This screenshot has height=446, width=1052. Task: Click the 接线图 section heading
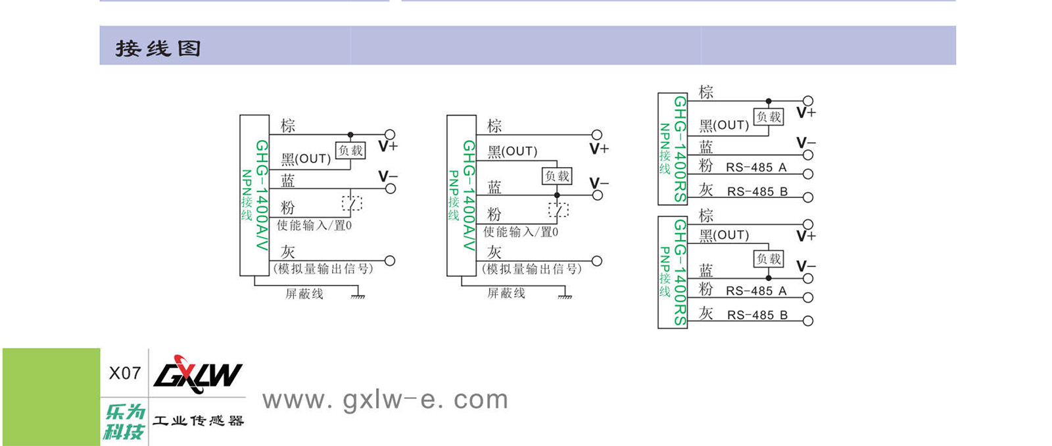(158, 48)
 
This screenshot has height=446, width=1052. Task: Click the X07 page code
(124, 373)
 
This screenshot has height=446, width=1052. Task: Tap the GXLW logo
(197, 374)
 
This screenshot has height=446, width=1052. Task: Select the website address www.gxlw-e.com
(385, 399)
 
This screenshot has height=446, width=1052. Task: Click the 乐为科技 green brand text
(124, 422)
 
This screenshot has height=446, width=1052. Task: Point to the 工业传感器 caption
(198, 420)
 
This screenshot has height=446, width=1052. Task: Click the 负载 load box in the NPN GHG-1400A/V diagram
(350, 151)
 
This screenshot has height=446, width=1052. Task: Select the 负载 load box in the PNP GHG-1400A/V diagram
(557, 176)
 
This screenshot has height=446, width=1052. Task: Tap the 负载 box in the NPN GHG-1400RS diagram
(769, 117)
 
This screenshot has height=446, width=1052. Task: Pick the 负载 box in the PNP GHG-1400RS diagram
(768, 259)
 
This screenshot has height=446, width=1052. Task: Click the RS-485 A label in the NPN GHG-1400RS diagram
(756, 167)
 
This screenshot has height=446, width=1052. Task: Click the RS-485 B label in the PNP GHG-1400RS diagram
(757, 315)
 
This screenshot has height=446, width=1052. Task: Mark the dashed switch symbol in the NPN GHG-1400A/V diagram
(352, 203)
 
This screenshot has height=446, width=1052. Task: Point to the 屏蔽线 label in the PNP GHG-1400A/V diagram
(506, 293)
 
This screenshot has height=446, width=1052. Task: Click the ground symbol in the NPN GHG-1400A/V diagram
(358, 297)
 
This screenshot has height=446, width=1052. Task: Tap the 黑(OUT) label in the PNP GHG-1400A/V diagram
(512, 151)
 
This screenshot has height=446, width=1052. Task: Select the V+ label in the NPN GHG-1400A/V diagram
(388, 146)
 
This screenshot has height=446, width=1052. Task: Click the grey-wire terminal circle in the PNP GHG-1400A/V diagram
(597, 261)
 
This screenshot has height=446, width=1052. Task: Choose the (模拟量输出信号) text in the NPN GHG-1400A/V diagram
(323, 268)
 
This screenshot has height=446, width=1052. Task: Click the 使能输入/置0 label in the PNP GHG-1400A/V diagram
(521, 232)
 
